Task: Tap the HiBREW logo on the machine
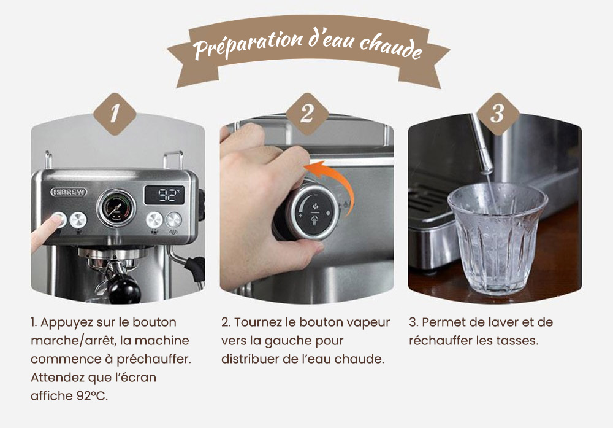68,192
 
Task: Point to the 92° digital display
164,196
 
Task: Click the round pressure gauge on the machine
117,209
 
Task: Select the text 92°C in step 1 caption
93,395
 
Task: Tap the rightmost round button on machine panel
175,219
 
